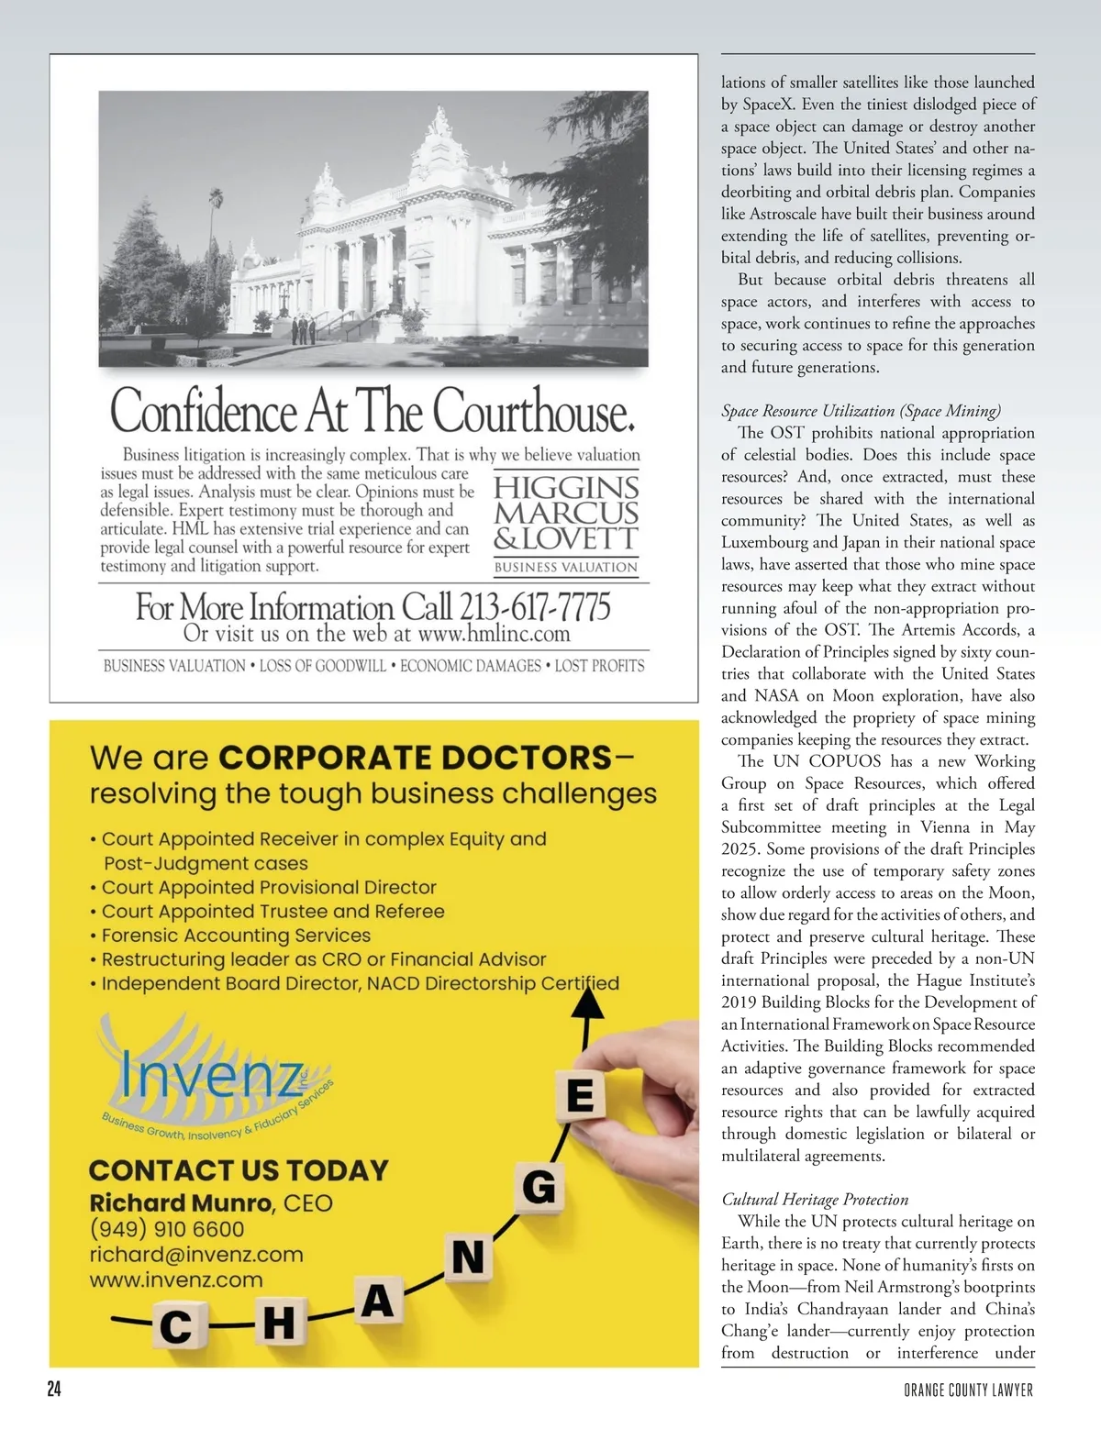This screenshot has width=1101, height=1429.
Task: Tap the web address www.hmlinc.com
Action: tap(494, 634)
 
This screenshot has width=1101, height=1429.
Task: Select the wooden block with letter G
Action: tap(539, 1188)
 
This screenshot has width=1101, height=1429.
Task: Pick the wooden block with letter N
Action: tap(468, 1257)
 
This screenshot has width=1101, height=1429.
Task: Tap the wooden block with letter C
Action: tap(176, 1326)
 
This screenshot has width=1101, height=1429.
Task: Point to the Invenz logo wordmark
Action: tap(212, 1075)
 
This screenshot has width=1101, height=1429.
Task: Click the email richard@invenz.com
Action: tap(196, 1255)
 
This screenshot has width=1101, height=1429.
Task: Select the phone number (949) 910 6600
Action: tap(167, 1229)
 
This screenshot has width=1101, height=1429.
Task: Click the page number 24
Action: tap(54, 1389)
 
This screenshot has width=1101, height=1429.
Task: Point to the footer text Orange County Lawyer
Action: tap(968, 1390)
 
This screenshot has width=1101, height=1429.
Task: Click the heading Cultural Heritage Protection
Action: tap(815, 1199)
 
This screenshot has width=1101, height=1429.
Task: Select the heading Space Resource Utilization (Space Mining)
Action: tap(861, 411)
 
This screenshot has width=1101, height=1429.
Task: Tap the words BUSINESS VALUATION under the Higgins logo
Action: tap(565, 567)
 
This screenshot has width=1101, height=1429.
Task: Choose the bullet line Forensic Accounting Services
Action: tap(236, 936)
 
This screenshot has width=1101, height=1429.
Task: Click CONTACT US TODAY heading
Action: tap(239, 1170)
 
